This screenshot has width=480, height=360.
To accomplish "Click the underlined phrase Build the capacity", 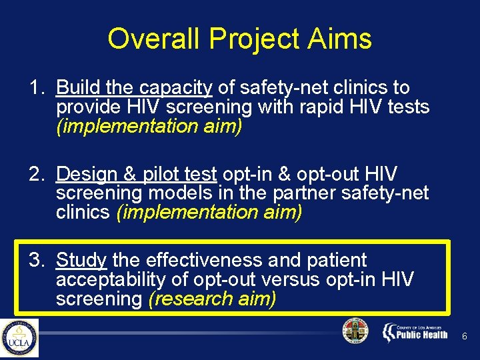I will click(134, 88).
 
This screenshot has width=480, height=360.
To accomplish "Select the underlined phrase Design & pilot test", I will click(136, 175).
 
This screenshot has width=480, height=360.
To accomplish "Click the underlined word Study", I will click(81, 261).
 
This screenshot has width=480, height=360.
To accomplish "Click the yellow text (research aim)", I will click(212, 299).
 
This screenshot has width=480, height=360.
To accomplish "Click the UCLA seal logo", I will click(19, 338).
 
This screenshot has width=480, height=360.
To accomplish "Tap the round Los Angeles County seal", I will click(355, 331).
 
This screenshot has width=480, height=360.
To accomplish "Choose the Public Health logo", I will click(415, 332).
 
